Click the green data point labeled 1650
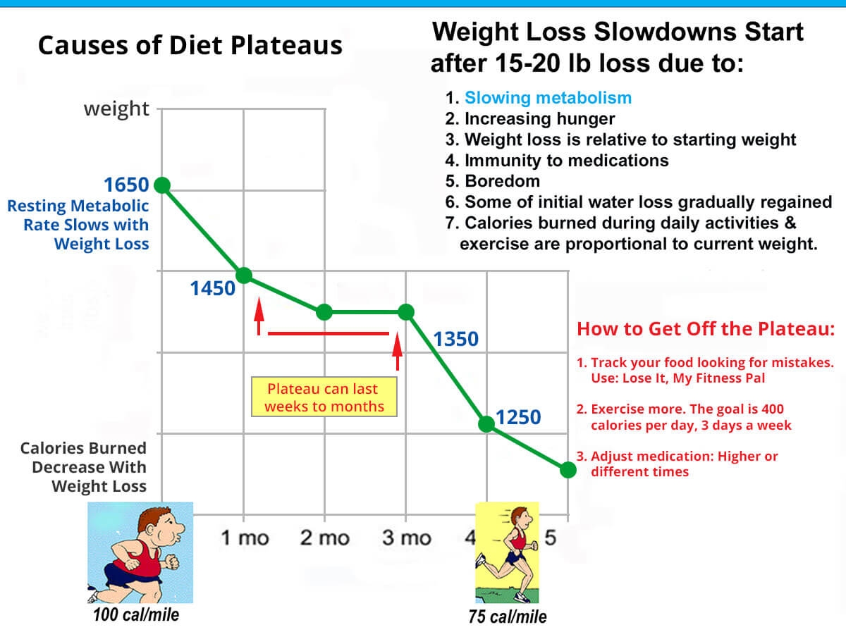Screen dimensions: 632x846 click(x=161, y=185)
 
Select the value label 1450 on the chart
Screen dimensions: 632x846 click(x=212, y=287)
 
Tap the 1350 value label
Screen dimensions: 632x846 click(x=455, y=340)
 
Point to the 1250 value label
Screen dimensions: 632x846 click(x=518, y=418)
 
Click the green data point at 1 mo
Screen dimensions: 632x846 click(x=244, y=275)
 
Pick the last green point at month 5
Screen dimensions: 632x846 click(x=568, y=470)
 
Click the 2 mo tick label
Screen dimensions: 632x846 click(x=324, y=538)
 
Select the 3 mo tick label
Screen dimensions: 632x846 click(x=406, y=538)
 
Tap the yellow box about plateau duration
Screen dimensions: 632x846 click(x=324, y=397)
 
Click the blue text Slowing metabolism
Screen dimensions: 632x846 click(x=548, y=98)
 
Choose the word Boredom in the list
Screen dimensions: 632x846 click(x=502, y=181)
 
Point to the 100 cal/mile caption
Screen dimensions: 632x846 click(x=136, y=614)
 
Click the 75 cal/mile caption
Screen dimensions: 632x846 click(x=508, y=616)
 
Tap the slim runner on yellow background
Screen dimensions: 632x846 click(x=507, y=552)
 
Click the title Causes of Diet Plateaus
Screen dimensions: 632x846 click(x=190, y=46)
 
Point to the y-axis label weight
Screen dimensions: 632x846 click(x=116, y=109)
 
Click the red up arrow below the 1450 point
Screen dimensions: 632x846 click(x=259, y=316)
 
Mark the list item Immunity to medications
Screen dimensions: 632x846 click(x=566, y=160)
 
